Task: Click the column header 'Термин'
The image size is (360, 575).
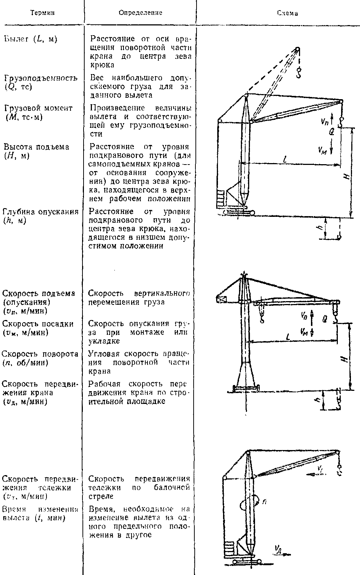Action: pos(42,13)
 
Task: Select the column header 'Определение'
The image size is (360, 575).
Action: pos(141,13)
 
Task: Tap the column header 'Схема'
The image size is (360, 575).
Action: pos(287,13)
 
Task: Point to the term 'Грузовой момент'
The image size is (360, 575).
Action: pos(38,108)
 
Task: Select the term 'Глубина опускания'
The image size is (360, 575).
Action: pos(41,212)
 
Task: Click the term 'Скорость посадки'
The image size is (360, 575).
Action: pos(37,324)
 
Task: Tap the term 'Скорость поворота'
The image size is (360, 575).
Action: pos(40,354)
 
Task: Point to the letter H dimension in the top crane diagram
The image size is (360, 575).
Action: pos(347,176)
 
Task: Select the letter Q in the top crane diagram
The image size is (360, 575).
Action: pos(331,133)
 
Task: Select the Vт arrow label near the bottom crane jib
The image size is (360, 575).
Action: pos(319,470)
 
